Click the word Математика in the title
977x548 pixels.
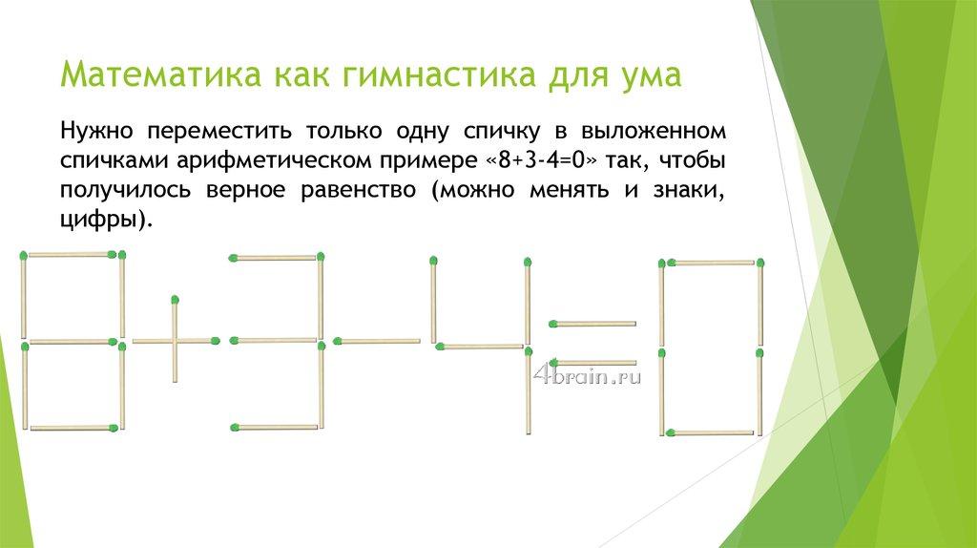click(160, 74)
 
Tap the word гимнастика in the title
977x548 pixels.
click(436, 74)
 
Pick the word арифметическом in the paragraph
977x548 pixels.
click(274, 161)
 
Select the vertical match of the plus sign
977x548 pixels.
click(176, 339)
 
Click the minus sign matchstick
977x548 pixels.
click(376, 341)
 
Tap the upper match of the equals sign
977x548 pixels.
click(592, 324)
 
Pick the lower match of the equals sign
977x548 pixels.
click(592, 362)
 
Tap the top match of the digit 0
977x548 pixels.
click(711, 263)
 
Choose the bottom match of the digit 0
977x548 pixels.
click(710, 432)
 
